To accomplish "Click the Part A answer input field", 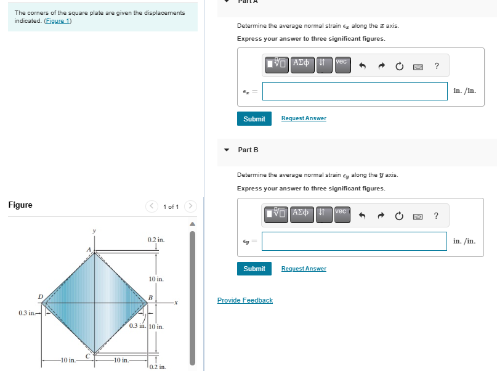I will pyautogui.click(x=355, y=91).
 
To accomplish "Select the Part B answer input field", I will pyautogui.click(x=355, y=241).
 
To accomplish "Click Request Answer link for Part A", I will pyautogui.click(x=304, y=118).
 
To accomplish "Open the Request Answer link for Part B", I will pyautogui.click(x=304, y=269).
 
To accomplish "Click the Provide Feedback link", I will pyautogui.click(x=244, y=300).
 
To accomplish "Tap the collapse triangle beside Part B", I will pyautogui.click(x=227, y=150).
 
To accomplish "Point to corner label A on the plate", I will pyautogui.click(x=89, y=248).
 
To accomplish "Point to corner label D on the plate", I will pyautogui.click(x=41, y=297).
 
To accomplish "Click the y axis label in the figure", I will pyautogui.click(x=94, y=231).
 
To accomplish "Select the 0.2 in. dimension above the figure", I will pyautogui.click(x=156, y=239).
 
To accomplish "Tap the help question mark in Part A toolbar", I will pyautogui.click(x=436, y=65).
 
